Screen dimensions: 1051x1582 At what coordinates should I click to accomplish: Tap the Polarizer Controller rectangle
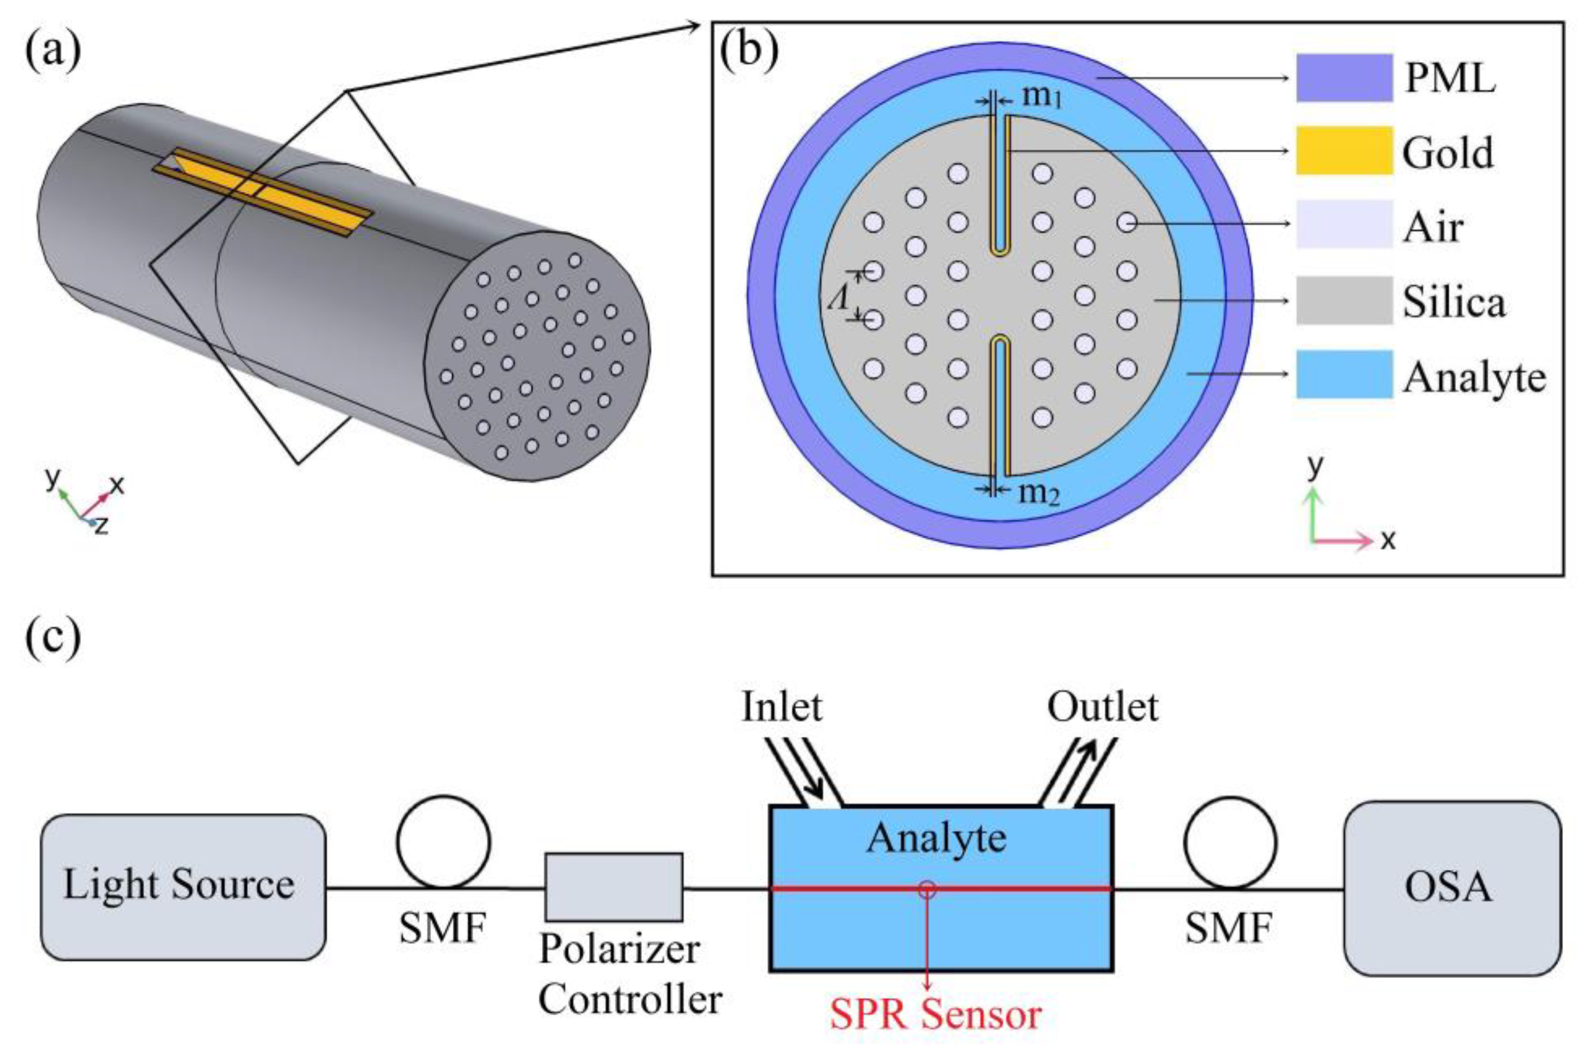click(613, 887)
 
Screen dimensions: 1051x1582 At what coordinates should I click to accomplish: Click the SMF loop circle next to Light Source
click(443, 842)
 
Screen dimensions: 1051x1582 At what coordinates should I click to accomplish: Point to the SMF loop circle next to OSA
click(1230, 843)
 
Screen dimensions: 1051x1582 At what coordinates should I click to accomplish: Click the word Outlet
click(1103, 707)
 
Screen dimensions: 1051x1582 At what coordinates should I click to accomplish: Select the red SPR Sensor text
click(936, 1014)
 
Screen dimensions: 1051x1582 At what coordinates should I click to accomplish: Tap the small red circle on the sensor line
click(927, 889)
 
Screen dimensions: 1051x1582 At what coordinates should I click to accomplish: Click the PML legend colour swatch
click(1344, 78)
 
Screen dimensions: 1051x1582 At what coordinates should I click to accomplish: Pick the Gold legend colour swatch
click(1344, 150)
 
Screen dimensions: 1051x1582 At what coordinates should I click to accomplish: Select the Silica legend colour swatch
click(1344, 300)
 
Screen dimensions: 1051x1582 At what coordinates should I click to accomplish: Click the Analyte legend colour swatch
click(1344, 374)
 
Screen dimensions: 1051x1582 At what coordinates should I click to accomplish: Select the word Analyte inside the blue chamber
click(936, 838)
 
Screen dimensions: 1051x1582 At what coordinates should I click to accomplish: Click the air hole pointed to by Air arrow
click(1128, 223)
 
